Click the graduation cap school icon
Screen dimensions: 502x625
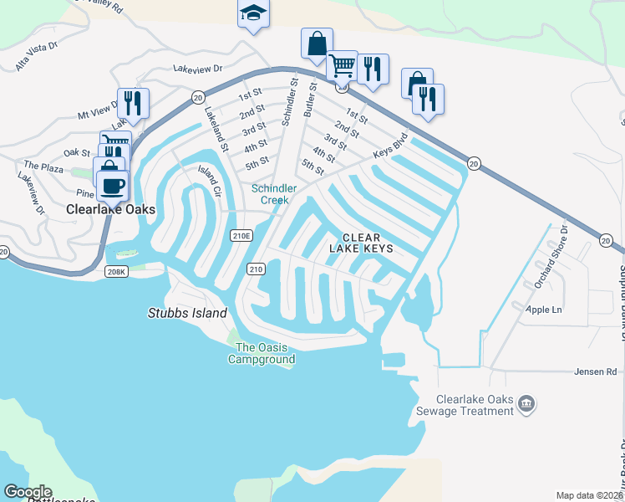coord(253,14)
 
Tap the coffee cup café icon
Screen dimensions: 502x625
coord(112,184)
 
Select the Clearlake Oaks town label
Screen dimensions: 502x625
coord(111,210)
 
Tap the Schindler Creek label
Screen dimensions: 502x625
coord(270,194)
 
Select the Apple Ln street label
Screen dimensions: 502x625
coord(544,310)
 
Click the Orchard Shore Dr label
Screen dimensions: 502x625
coord(551,256)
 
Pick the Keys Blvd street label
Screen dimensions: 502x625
coord(390,146)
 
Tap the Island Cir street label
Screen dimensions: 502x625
coord(208,181)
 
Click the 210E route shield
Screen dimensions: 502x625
coord(241,236)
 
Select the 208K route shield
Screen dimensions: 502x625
coord(116,272)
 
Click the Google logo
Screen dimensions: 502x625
coord(27,492)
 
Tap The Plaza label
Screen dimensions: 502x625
coord(43,168)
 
